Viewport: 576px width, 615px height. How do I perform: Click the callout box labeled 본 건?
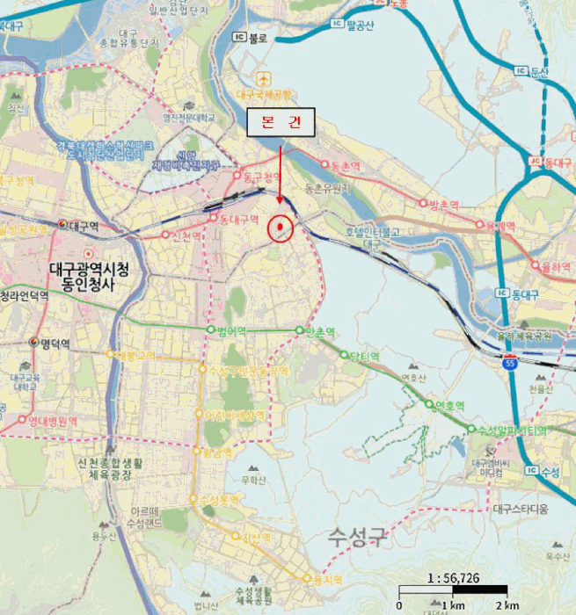280,124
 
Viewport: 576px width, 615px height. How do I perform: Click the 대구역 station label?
85,225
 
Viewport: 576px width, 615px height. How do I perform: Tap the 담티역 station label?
364,356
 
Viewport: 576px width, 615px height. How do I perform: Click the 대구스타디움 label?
521,509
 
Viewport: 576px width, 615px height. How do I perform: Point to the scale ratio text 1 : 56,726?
453,577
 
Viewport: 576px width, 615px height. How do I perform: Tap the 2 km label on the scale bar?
507,605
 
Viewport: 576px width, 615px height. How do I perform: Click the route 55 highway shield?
510,361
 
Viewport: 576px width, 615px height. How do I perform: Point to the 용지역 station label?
326,580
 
